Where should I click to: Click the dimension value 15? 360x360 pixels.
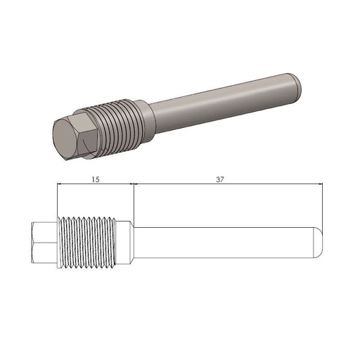click(96, 179)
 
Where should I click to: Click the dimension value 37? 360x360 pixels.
click(220, 179)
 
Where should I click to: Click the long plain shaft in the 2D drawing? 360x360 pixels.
click(225, 243)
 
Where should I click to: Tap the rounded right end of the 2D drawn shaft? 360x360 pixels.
click(319, 243)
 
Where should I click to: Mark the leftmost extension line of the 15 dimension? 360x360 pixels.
click(57, 200)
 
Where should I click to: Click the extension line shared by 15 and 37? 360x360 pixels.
click(134, 200)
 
